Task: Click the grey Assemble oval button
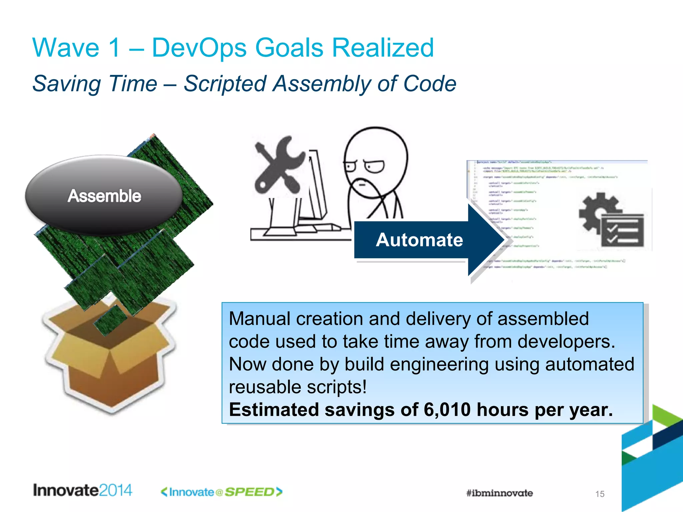point(104,195)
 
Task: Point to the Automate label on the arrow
point(419,240)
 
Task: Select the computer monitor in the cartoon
point(315,187)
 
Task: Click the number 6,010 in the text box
point(447,410)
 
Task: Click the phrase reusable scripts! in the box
point(297,387)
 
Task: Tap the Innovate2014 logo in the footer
point(82,490)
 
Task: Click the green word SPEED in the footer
point(249,492)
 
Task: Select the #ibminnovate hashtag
point(499,493)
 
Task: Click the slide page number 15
point(600,494)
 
